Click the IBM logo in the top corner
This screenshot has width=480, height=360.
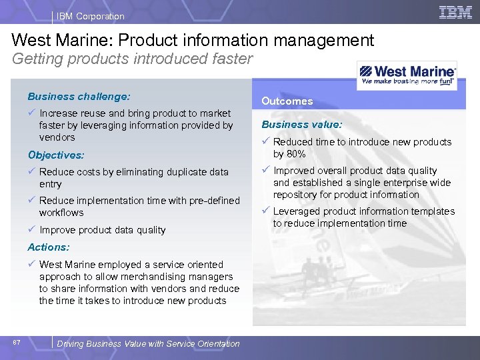coord(456,12)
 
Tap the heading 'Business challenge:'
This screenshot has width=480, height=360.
coord(79,96)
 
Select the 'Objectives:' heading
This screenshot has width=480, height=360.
coord(56,155)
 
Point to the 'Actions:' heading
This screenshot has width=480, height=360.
coord(49,247)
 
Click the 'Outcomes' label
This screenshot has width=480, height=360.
coord(287,101)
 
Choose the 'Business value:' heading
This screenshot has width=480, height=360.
coord(302,124)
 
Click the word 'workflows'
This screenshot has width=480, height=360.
coord(61,213)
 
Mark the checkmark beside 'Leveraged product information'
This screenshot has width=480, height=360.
coord(265,211)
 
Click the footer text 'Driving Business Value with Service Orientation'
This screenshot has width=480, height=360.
coord(148,343)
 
